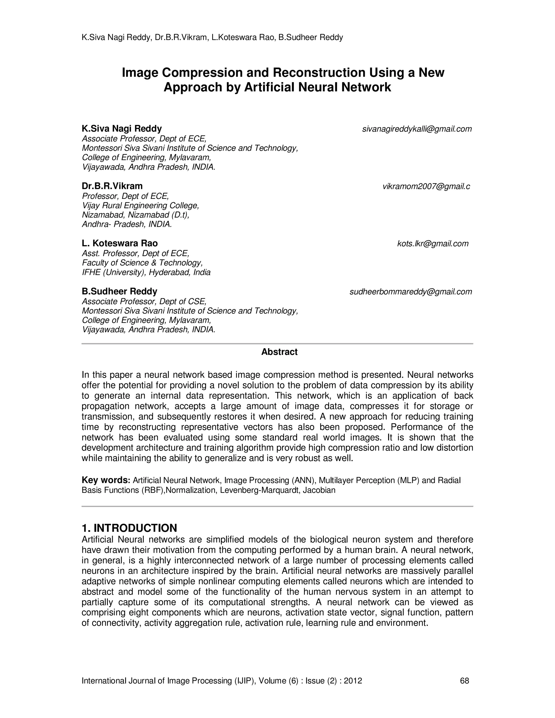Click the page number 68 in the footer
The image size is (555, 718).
(464, 681)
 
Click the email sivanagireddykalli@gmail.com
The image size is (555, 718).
(417, 129)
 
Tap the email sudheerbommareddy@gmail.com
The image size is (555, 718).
(410, 292)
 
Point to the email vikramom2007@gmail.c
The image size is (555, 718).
(426, 186)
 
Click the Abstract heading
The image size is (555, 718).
(279, 352)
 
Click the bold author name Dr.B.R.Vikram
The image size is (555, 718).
(112, 186)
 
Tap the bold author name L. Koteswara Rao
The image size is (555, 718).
(120, 243)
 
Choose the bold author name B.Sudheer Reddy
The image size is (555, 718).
(119, 291)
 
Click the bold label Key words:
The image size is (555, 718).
(106, 480)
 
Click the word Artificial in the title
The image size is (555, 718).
(269, 88)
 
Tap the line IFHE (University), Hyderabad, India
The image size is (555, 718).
(146, 272)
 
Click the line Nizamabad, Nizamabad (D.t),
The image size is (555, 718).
(135, 215)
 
